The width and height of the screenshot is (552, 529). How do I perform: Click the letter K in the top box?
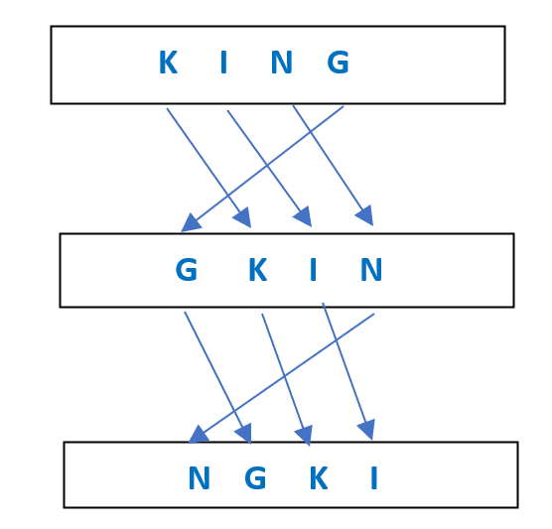point(168,63)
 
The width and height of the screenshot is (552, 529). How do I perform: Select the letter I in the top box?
point(223,63)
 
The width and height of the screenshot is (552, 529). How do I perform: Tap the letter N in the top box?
point(282,63)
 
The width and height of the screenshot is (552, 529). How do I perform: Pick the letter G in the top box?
point(338,63)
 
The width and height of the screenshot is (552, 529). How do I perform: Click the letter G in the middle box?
point(187,270)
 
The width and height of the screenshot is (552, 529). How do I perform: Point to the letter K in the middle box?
point(258,270)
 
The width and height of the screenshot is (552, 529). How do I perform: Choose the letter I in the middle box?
point(314,270)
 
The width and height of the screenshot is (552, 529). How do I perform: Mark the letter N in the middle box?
point(371,270)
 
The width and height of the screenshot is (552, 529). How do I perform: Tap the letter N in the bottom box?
point(200,477)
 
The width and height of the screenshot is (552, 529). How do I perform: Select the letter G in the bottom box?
point(255,477)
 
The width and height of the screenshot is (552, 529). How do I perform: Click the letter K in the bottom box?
point(319,477)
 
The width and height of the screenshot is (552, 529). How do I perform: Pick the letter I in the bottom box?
point(374,477)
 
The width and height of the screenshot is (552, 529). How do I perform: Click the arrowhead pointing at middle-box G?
point(190,223)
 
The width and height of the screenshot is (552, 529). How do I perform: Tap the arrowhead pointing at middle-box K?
point(243,217)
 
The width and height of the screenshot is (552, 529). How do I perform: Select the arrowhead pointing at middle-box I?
point(304,216)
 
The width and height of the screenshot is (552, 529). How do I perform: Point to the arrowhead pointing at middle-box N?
point(365,215)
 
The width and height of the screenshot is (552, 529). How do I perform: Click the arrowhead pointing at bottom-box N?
point(199,435)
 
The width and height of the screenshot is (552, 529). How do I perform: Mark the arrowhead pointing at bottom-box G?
point(244,434)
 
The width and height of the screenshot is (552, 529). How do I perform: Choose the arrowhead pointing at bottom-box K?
point(305,436)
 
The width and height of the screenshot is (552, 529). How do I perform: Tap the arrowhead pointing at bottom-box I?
point(367,430)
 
